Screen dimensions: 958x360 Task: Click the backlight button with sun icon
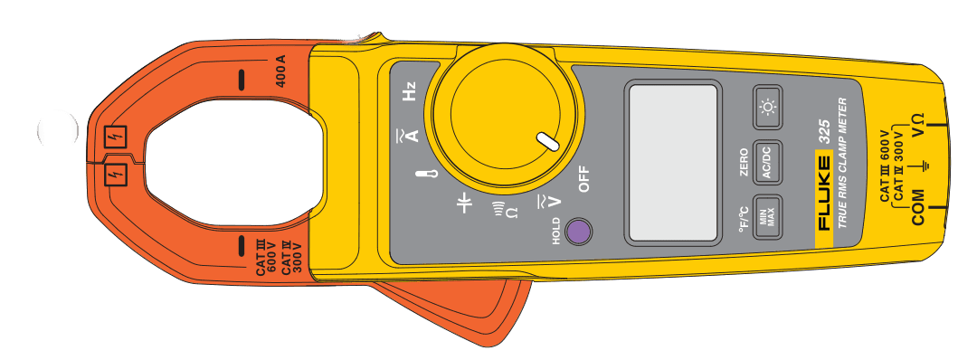[x=768, y=109]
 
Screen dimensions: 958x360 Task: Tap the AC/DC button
[x=767, y=164]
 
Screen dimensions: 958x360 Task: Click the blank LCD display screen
[x=672, y=163]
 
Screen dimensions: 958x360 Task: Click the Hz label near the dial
[x=409, y=92]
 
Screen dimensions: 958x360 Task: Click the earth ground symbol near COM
[x=922, y=166]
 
